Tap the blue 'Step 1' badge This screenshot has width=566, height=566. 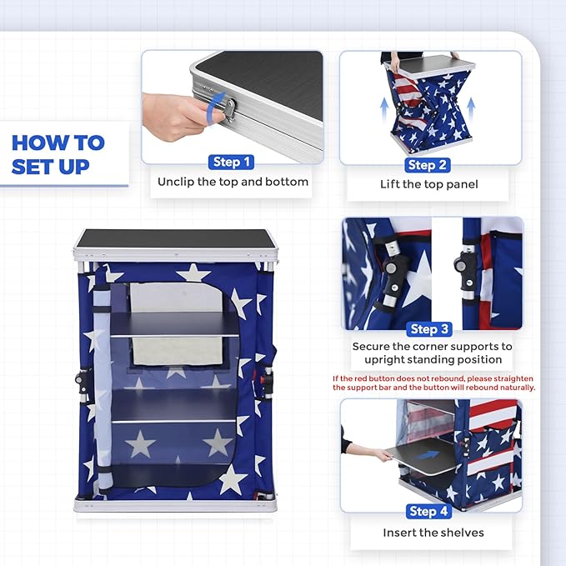coord(232,162)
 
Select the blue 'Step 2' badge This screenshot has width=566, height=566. coord(428,164)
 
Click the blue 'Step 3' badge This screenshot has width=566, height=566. coord(430,329)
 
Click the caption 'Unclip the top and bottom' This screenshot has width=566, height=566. coord(233,182)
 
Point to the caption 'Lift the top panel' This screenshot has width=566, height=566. coord(430,184)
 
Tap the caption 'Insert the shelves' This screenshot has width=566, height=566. coord(433,532)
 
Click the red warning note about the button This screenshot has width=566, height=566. coord(433,383)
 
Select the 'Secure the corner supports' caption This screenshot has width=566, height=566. coord(431,353)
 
